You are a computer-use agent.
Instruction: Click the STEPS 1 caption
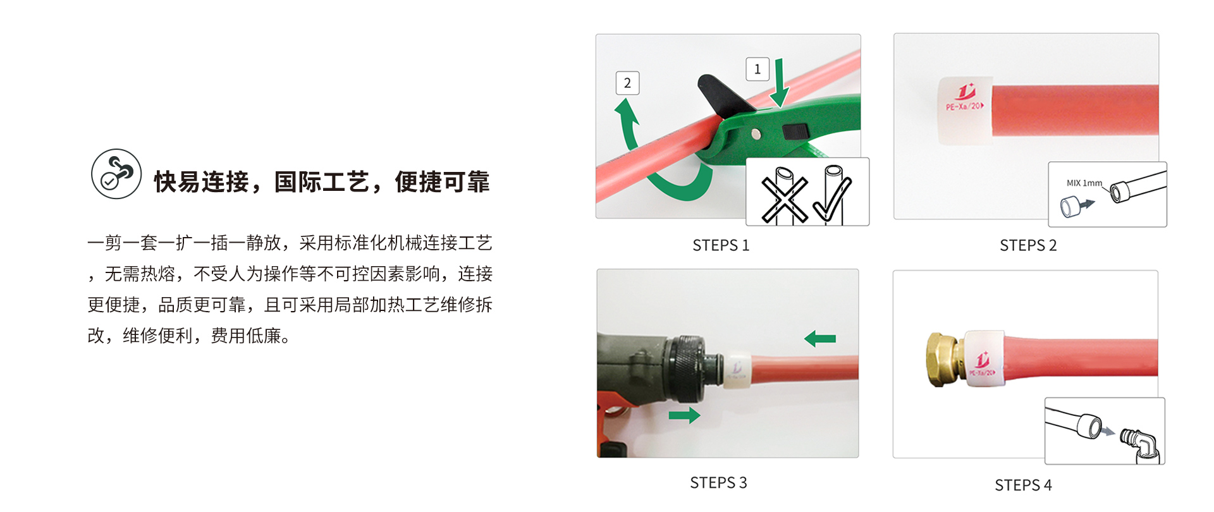[x=721, y=245]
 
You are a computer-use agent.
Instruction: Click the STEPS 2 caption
[x=1028, y=245]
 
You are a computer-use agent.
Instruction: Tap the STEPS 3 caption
[x=718, y=483]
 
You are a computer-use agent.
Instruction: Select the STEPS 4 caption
[x=1023, y=485]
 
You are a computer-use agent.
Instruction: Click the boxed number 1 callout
[x=757, y=69]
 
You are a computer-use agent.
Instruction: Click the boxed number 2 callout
[x=627, y=83]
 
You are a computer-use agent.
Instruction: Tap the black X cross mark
[x=785, y=200]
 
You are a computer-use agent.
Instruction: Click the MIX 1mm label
[x=1084, y=183]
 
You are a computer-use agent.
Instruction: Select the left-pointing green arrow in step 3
[x=820, y=339]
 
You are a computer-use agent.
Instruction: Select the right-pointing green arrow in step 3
[x=685, y=415]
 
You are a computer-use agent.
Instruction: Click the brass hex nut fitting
[x=943, y=359]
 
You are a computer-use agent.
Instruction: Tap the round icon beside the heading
[x=116, y=174]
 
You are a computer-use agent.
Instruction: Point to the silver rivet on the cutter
[x=756, y=133]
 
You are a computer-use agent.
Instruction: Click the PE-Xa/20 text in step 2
[x=965, y=106]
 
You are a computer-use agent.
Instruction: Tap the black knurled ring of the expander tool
[x=683, y=369]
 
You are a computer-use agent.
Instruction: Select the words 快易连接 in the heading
[x=202, y=182]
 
